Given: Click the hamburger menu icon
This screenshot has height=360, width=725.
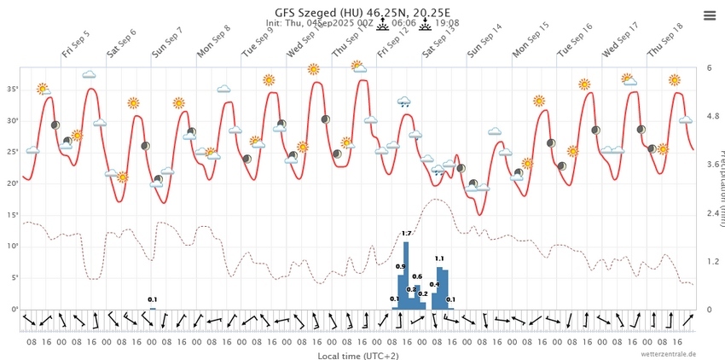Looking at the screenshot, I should click(x=710, y=15).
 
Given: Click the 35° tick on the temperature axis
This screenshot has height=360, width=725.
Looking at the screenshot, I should click(x=12, y=89).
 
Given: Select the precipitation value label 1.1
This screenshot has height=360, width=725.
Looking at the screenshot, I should click(x=439, y=258).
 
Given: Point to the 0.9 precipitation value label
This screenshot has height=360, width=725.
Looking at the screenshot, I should click(x=400, y=267).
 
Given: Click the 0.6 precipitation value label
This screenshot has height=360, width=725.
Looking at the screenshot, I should click(x=417, y=276).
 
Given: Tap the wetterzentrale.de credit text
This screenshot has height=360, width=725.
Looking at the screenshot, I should click(x=670, y=353).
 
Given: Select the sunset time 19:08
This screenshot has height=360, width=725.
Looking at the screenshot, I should click(x=447, y=24).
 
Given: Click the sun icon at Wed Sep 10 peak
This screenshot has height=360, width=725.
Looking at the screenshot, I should click(x=314, y=69).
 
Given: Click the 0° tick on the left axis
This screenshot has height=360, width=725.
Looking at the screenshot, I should click(x=14, y=309).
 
